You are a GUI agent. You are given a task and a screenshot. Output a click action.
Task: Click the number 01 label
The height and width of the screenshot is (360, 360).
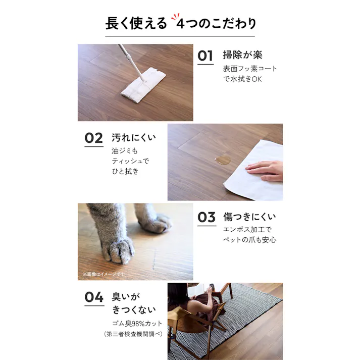tap(205, 56)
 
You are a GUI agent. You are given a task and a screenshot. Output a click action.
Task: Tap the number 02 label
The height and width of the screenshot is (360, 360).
tap(93, 138)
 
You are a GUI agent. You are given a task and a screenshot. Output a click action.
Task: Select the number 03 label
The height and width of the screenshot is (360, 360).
tap(206, 218)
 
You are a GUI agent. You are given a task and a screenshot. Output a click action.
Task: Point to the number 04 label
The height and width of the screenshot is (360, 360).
tap(93, 297)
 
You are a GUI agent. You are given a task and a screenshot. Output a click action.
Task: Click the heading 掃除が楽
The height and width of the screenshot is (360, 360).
tap(242, 55)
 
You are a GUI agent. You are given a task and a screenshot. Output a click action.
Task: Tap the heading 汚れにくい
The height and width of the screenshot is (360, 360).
tap(134, 138)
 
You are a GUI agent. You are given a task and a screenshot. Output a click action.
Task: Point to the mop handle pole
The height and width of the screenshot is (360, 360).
tap(131, 61)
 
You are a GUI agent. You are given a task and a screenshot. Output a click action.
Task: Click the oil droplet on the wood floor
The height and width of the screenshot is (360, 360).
tap(222, 161)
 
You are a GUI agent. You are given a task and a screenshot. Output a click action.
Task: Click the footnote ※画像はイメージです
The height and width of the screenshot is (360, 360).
tap(104, 274)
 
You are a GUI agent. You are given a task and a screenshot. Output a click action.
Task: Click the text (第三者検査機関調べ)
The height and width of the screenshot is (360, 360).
tap(133, 334)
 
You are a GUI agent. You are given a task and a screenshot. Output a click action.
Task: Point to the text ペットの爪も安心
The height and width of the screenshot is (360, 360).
tap(249, 240)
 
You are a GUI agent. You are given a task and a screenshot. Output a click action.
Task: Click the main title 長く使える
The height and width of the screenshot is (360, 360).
tap(135, 23)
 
